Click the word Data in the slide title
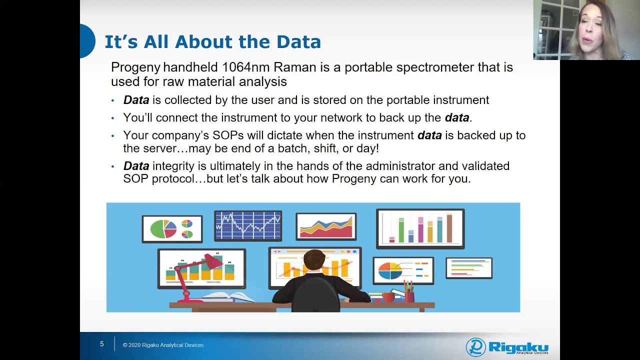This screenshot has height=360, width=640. point(298,42)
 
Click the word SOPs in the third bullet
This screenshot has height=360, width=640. point(227,135)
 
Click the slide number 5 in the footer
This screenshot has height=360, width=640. point(101,344)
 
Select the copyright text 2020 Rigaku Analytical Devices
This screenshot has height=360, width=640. point(166,345)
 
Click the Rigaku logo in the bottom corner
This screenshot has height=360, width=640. point(506,346)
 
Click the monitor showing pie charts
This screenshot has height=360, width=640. point(172,228)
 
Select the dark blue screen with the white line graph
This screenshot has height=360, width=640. point(248,225)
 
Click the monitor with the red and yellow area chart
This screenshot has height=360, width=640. point(325,226)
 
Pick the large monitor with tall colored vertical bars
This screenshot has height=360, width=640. point(420,228)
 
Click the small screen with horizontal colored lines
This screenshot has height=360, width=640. point(468,268)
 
